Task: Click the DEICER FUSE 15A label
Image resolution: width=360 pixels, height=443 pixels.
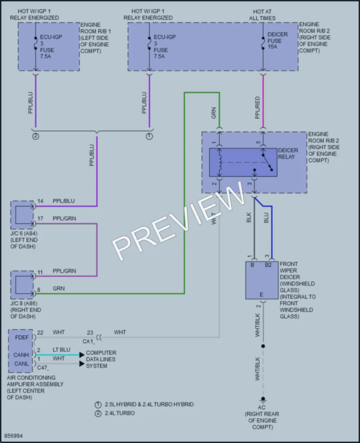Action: (x=277, y=41)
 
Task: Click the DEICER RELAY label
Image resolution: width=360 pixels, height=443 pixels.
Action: (x=288, y=153)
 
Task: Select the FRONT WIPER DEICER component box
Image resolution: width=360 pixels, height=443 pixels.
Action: (x=262, y=280)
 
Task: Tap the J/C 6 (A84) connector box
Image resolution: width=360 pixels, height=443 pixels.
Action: (x=22, y=215)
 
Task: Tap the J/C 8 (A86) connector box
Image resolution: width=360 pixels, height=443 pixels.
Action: (x=22, y=285)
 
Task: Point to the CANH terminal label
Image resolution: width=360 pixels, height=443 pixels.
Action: (x=21, y=355)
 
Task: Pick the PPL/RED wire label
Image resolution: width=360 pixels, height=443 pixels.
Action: (x=257, y=108)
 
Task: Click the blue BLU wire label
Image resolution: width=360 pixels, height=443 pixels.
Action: (x=266, y=217)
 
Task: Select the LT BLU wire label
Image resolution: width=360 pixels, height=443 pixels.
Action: (x=61, y=350)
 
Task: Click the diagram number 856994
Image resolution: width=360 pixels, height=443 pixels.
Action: (x=14, y=436)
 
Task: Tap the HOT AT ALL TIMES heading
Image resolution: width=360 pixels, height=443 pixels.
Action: (x=262, y=15)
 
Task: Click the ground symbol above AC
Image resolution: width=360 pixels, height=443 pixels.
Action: (x=263, y=400)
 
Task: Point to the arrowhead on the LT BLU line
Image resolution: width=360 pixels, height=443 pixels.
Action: (x=82, y=355)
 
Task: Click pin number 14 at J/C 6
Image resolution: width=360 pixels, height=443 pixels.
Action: (x=40, y=201)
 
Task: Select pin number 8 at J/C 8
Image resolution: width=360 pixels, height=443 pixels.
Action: (x=39, y=290)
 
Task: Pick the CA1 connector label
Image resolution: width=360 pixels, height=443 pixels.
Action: (x=88, y=342)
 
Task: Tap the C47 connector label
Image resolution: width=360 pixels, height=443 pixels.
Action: (x=43, y=368)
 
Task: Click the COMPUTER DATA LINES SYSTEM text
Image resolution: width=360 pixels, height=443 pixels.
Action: (x=101, y=359)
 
